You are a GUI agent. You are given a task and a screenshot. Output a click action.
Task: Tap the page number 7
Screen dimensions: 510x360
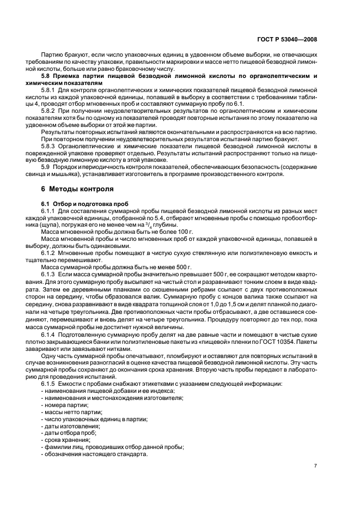click(x=316, y=466)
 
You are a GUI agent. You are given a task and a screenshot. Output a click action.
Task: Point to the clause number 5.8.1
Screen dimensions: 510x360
click(x=49, y=89)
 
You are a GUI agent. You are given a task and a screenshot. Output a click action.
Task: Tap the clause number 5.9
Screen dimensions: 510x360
click(x=46, y=166)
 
